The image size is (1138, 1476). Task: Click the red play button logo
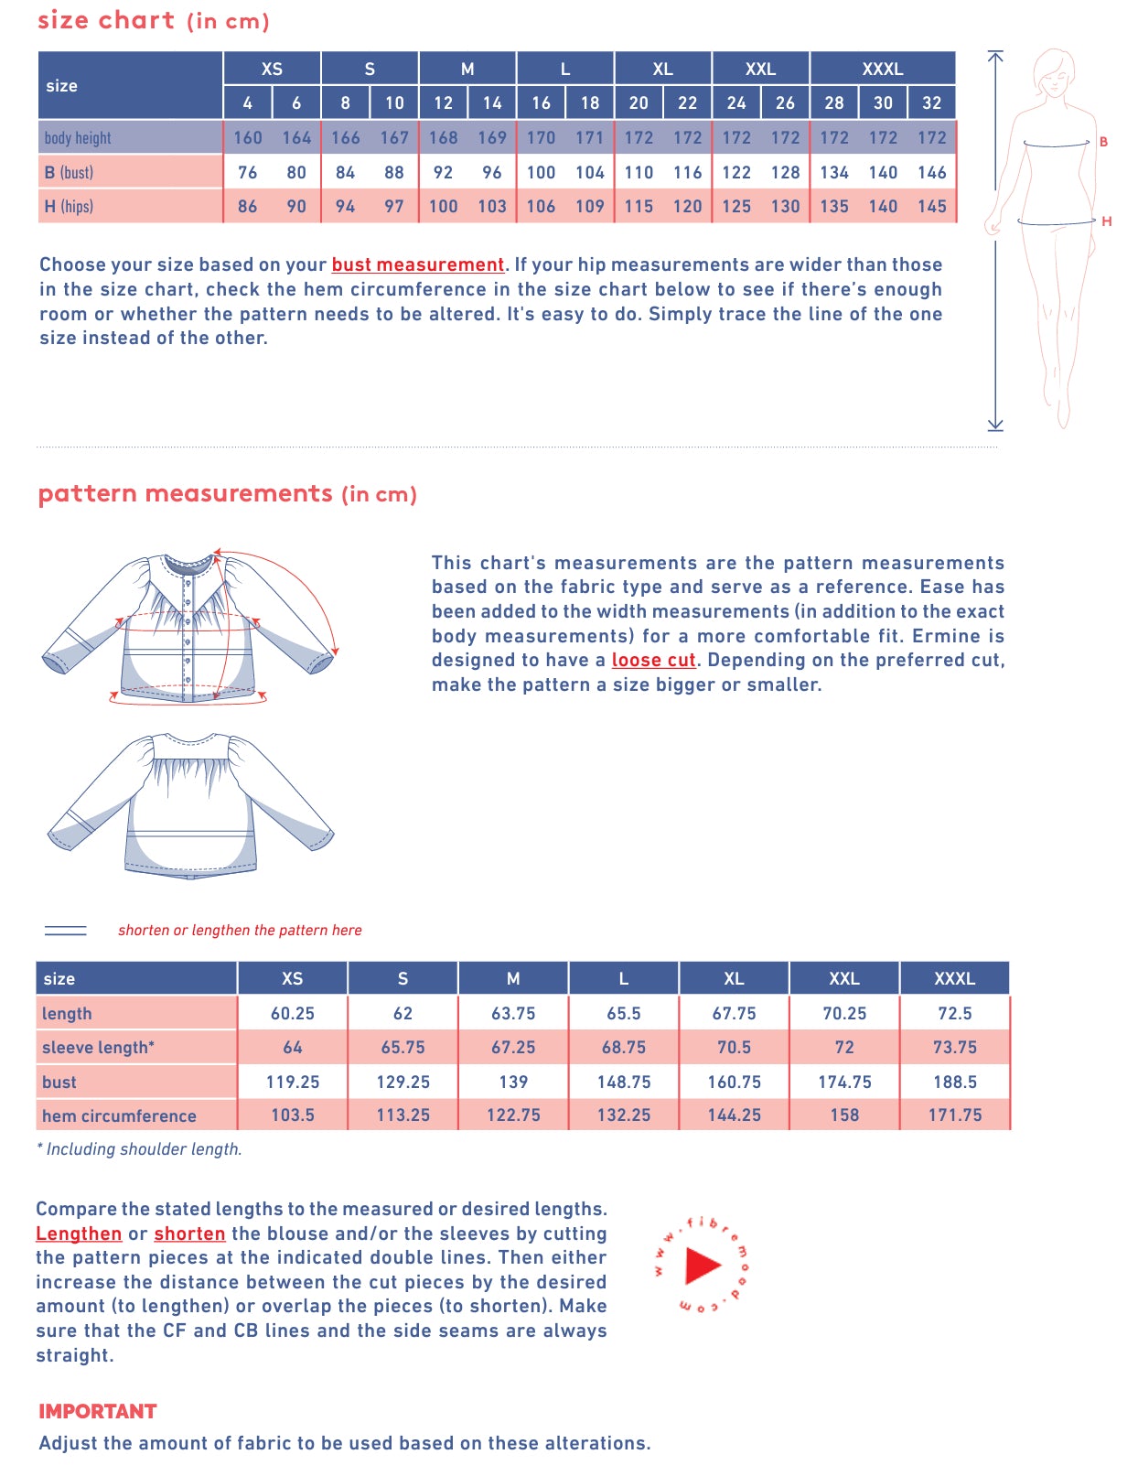click(x=703, y=1266)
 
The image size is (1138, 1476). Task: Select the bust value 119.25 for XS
click(x=293, y=1082)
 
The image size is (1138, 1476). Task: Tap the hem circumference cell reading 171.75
click(x=954, y=1115)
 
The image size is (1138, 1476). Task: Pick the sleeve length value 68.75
click(x=624, y=1048)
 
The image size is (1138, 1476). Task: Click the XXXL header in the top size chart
click(x=882, y=69)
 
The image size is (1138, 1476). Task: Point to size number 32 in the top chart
click(x=931, y=103)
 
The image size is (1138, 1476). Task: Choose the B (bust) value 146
click(x=931, y=172)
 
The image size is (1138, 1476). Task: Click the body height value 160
click(x=247, y=138)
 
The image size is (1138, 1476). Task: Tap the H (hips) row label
click(x=69, y=207)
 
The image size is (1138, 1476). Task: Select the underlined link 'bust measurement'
click(x=417, y=264)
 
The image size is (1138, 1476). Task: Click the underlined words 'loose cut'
click(x=653, y=660)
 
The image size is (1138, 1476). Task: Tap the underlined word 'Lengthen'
click(x=79, y=1234)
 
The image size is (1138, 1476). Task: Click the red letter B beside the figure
click(x=1103, y=142)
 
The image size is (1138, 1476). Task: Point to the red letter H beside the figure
click(x=1106, y=221)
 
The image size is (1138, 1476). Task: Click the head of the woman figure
click(x=1054, y=71)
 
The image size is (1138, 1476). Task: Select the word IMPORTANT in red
click(x=98, y=1411)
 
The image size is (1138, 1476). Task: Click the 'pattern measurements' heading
click(x=186, y=494)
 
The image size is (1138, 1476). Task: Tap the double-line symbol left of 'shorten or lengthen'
click(x=66, y=931)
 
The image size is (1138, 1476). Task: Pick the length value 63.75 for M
click(x=513, y=1014)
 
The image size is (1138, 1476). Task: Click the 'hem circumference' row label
click(x=119, y=1115)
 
